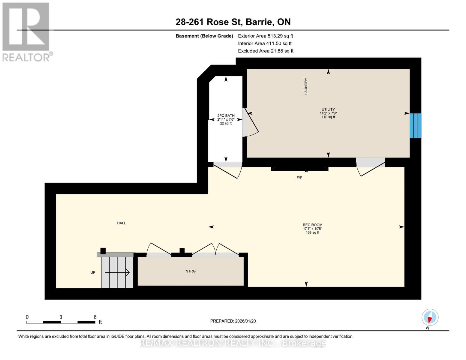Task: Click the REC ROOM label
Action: click(x=312, y=225)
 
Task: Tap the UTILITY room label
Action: click(x=328, y=109)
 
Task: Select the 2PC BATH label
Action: click(x=226, y=115)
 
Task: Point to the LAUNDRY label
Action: click(x=306, y=86)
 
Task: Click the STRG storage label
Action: click(x=191, y=271)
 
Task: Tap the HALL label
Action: click(x=122, y=223)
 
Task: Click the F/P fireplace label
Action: click(x=299, y=178)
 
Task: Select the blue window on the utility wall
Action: click(x=415, y=126)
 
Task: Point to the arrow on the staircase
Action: click(x=117, y=272)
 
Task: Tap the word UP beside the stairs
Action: click(x=93, y=272)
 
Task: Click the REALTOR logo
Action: click(x=27, y=32)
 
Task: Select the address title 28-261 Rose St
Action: click(x=209, y=22)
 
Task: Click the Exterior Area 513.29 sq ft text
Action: click(x=266, y=36)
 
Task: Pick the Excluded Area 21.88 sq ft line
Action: click(x=266, y=51)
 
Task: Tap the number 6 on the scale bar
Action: click(x=95, y=317)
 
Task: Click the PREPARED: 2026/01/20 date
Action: click(x=233, y=321)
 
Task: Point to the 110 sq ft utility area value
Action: click(x=328, y=117)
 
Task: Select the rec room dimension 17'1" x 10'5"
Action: click(x=312, y=229)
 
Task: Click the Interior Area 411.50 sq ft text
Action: click(x=265, y=43)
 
